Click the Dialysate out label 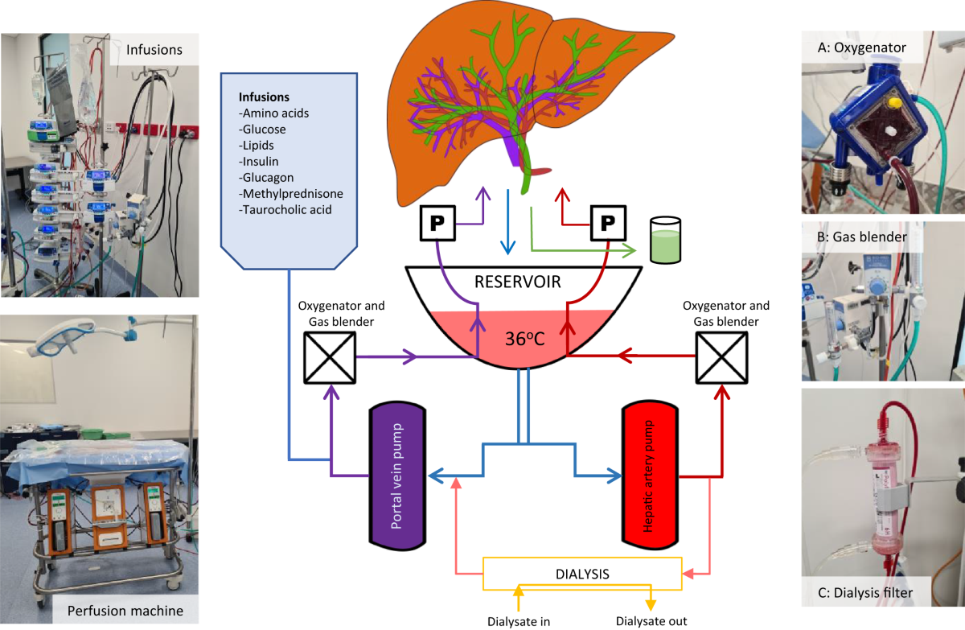pyautogui.click(x=651, y=620)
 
